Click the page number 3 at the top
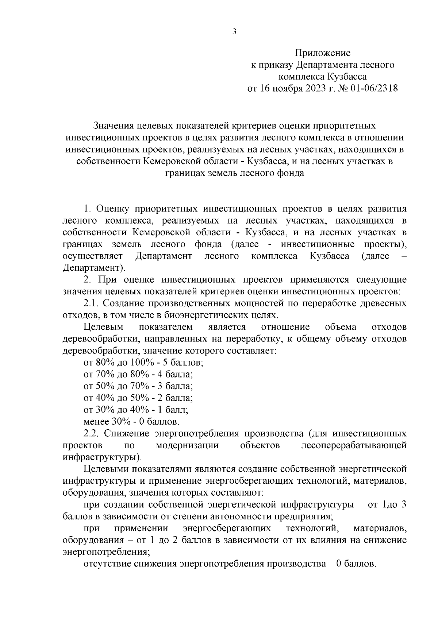[x=234, y=31]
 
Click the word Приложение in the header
[x=323, y=53]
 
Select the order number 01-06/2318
[x=374, y=89]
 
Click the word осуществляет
[x=93, y=256]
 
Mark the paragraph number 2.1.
[x=92, y=303]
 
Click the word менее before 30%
[x=96, y=422]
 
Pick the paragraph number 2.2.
[x=92, y=434]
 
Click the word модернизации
[x=187, y=445]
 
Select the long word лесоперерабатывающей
[x=354, y=445]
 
